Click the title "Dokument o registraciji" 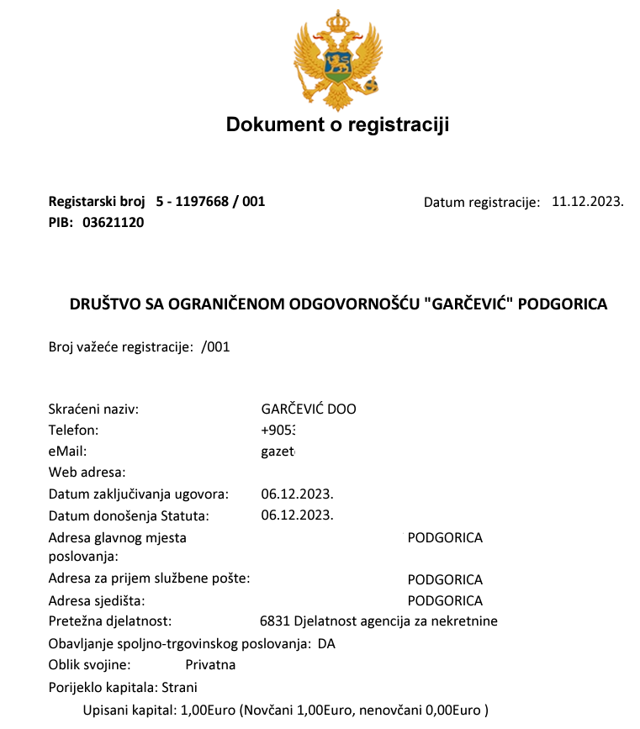click(x=337, y=125)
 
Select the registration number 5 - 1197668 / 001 click(x=210, y=202)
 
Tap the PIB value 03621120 click(x=114, y=223)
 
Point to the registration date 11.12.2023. click(x=587, y=202)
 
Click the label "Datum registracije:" click(x=481, y=203)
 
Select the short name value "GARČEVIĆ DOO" click(x=309, y=409)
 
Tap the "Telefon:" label click(x=74, y=431)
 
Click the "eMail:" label click(x=68, y=452)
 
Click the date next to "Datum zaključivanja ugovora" click(x=298, y=494)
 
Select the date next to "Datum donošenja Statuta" click(x=298, y=515)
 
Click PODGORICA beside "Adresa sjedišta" click(x=445, y=601)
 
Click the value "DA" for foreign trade click(x=326, y=644)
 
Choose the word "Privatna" click(x=210, y=665)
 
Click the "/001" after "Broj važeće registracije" click(x=216, y=346)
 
